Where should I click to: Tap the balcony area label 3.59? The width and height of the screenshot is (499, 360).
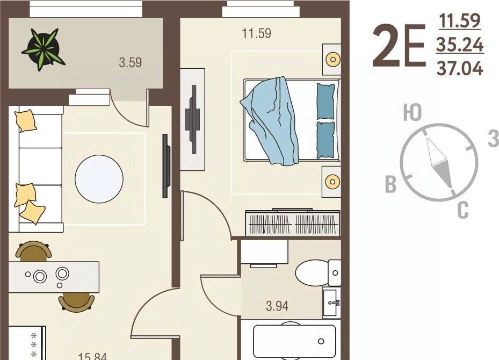(x=131, y=62)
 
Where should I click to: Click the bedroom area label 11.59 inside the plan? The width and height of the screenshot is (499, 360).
(x=257, y=33)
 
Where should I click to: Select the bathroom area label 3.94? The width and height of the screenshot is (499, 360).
(x=277, y=306)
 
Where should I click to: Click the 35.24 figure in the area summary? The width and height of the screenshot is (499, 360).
(x=460, y=45)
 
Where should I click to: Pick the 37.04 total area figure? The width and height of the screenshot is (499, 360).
(x=460, y=68)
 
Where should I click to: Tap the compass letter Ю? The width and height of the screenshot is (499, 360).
(x=413, y=112)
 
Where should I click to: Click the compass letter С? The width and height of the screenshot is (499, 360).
(x=463, y=210)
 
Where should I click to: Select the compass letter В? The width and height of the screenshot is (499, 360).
(x=391, y=184)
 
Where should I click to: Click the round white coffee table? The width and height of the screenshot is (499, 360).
(x=99, y=179)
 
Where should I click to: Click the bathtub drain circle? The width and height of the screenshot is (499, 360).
(x=321, y=342)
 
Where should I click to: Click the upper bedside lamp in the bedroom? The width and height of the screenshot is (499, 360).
(x=333, y=59)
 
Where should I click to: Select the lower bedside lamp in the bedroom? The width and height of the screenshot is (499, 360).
(x=332, y=182)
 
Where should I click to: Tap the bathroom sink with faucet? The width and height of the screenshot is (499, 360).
(x=331, y=303)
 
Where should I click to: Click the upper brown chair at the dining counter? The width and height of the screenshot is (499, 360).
(x=34, y=250)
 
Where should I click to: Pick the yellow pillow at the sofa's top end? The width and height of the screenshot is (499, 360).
(x=25, y=120)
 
